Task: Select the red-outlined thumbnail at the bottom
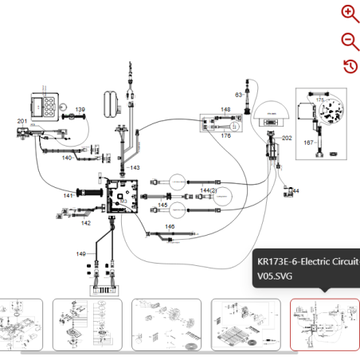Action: [324, 324]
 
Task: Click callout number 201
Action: [22, 121]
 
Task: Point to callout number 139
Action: [80, 109]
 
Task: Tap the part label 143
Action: [135, 168]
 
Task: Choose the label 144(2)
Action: [209, 191]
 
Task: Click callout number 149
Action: [80, 253]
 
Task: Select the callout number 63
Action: [238, 95]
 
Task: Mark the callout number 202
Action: [288, 138]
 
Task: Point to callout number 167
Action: [308, 143]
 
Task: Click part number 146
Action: [170, 227]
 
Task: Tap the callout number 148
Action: [225, 109]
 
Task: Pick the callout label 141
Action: [69, 195]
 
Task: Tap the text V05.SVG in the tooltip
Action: [275, 277]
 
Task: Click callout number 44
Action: [295, 191]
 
